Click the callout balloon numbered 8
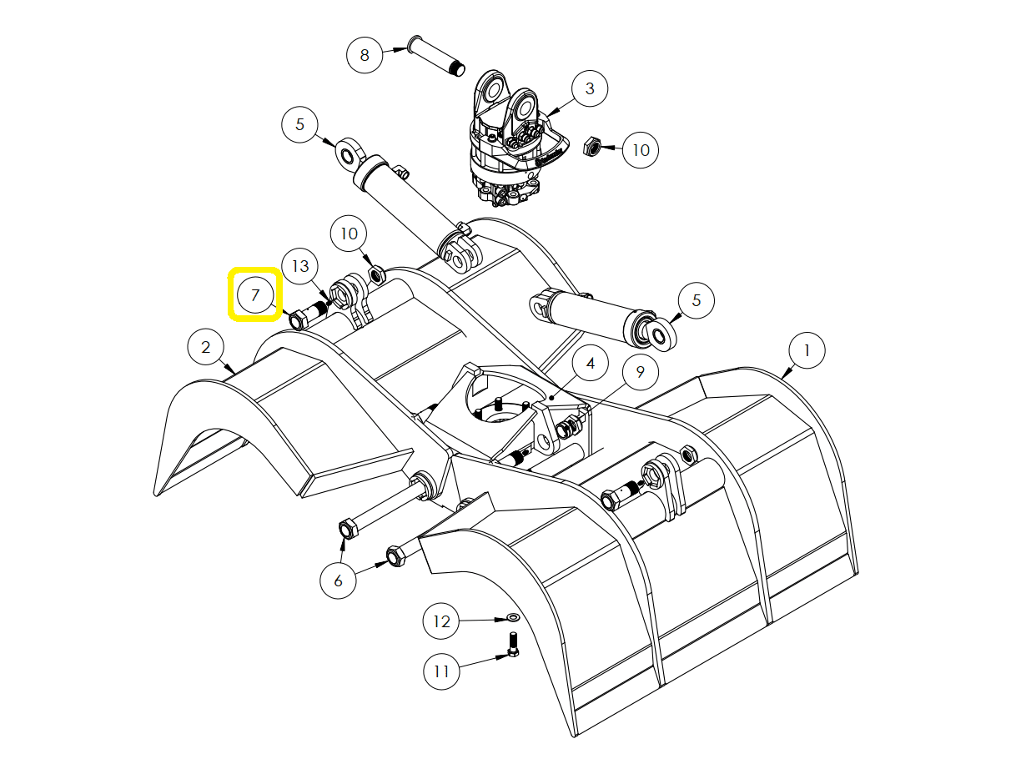click(365, 55)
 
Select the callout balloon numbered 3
click(590, 88)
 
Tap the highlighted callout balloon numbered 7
click(255, 294)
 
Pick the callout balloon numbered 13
click(300, 266)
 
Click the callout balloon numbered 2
click(206, 347)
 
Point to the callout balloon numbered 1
click(807, 350)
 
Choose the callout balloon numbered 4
click(591, 364)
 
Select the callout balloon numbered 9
click(641, 372)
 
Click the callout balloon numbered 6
click(338, 581)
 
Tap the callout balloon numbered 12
click(441, 621)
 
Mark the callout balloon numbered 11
click(441, 671)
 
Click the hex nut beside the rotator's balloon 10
click(591, 147)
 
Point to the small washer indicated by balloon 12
click(513, 618)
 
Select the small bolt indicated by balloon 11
click(513, 644)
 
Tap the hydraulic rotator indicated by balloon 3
click(518, 138)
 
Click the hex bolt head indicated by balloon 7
click(298, 320)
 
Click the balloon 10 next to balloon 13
click(349, 234)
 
